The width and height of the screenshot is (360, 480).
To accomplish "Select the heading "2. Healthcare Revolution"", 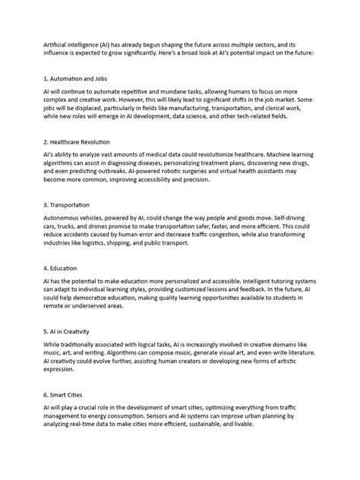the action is click(x=77, y=141).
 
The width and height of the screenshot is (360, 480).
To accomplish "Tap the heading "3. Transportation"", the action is click(x=67, y=204).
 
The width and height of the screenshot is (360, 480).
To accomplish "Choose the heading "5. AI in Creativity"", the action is click(x=70, y=331).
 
